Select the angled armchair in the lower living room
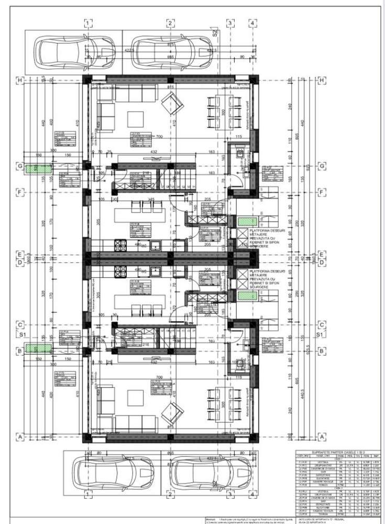click(172, 414)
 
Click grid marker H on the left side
click(20, 80)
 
